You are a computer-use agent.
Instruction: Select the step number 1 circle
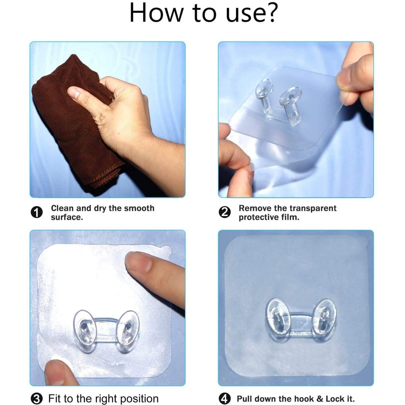point(36,213)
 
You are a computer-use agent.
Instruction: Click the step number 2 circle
point(224,213)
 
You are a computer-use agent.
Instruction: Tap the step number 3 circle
point(36,399)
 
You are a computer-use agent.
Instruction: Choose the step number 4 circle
point(224,399)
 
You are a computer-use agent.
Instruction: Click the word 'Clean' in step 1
point(63,208)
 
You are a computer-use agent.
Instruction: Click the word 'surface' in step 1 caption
point(66,217)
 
